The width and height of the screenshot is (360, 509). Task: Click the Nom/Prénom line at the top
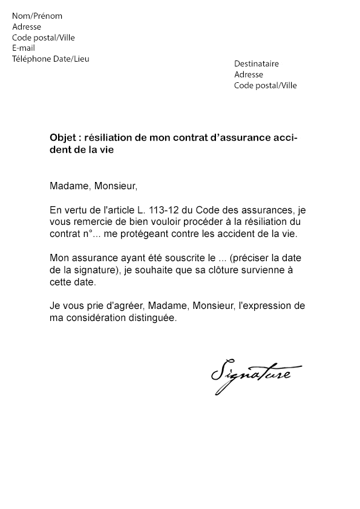tap(37, 16)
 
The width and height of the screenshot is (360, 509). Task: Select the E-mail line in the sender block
tap(24, 48)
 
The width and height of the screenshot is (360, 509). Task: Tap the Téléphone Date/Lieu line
tap(51, 59)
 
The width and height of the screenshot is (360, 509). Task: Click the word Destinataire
tap(257, 63)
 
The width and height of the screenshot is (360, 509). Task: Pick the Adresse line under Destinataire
tap(249, 74)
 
